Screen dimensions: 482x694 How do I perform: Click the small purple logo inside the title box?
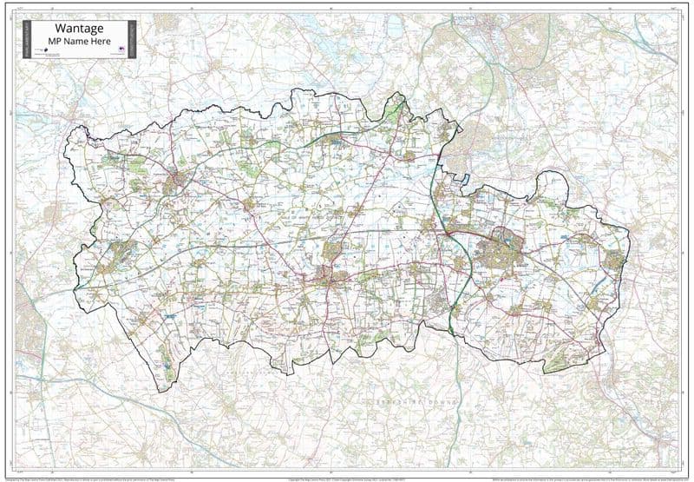pyautogui.click(x=122, y=50)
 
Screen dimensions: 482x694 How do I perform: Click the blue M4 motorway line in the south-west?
pyautogui.click(x=69, y=382)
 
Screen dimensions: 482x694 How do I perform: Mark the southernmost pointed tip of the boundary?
pyautogui.click(x=173, y=382)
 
